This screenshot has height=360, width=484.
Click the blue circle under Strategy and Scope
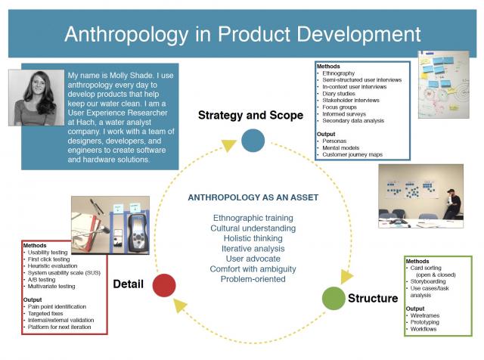(x=253, y=140)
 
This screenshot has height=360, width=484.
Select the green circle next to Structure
(x=334, y=298)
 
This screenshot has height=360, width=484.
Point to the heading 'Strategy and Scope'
(x=245, y=116)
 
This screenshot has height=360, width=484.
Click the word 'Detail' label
(x=129, y=284)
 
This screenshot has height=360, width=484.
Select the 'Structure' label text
(x=373, y=298)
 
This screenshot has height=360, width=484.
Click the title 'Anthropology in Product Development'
(x=242, y=34)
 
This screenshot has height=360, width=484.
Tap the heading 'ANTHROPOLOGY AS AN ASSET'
(x=253, y=198)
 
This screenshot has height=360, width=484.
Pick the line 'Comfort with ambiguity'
(x=253, y=269)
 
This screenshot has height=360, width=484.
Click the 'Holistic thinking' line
(x=253, y=238)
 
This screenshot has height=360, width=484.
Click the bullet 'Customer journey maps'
(x=356, y=155)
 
